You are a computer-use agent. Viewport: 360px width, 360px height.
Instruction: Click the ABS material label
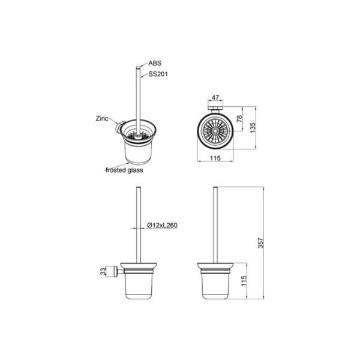155,63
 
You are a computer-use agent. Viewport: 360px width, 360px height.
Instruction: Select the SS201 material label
158,74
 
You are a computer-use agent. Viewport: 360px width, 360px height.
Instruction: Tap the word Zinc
102,118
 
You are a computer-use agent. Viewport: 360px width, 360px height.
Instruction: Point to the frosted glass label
124,170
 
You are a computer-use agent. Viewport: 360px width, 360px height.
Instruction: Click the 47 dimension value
215,98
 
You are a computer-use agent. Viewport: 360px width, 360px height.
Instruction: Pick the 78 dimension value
239,118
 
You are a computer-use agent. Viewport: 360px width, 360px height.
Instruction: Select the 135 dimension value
253,128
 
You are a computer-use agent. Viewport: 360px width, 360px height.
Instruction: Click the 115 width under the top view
215,158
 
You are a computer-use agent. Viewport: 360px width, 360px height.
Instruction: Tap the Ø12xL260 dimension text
163,225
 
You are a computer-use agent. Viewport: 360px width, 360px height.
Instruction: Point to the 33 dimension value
103,271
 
